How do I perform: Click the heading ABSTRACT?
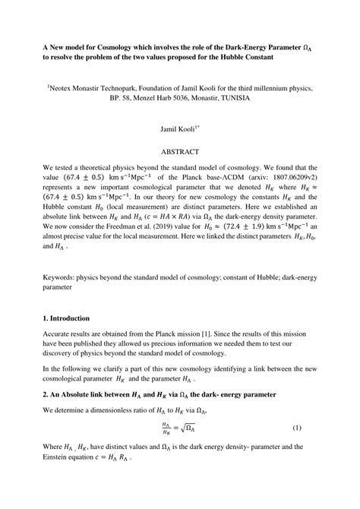coord(179,151)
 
